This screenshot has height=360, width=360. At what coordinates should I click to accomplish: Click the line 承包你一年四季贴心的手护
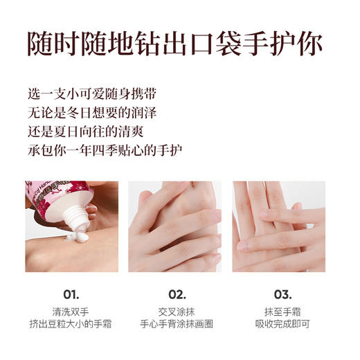[105, 149]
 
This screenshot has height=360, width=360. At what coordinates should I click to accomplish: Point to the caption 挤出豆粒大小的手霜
[71, 325]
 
